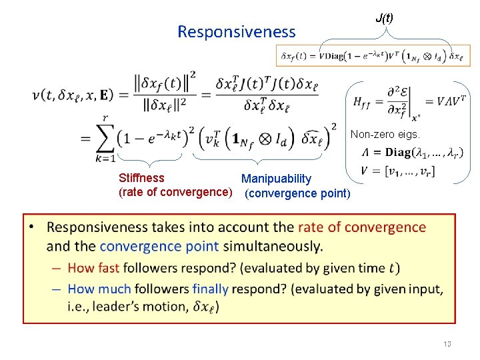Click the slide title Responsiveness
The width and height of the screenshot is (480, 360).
pos(236,31)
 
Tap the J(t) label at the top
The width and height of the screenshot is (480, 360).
pos(384,18)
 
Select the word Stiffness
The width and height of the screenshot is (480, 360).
pos(141,178)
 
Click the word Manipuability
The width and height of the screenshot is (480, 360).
pos(276,179)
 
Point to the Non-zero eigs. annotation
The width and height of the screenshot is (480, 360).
pos(385,134)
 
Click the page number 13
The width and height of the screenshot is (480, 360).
pos(447,344)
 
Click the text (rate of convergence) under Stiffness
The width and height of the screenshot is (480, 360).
pos(175,193)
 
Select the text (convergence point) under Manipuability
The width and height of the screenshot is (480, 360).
pos(297,193)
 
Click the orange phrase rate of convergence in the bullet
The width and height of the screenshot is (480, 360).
pos(361,227)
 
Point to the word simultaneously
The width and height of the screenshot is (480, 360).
pos(273,245)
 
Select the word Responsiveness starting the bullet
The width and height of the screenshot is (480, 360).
pos(100,227)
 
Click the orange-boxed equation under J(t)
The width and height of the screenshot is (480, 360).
pos(373,56)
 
